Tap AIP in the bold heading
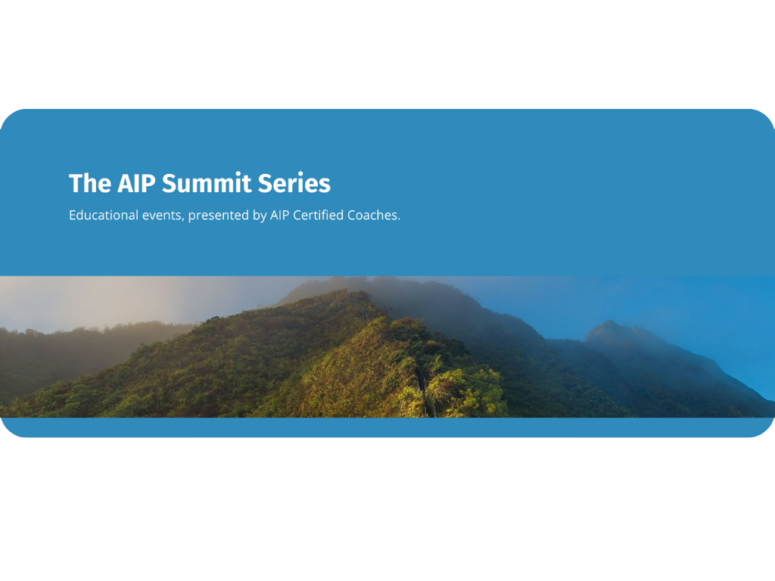(x=136, y=184)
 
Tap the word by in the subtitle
(x=259, y=216)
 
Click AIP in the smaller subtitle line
(x=280, y=215)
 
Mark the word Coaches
(x=372, y=215)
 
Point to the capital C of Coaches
(x=352, y=215)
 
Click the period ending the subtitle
(x=398, y=219)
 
